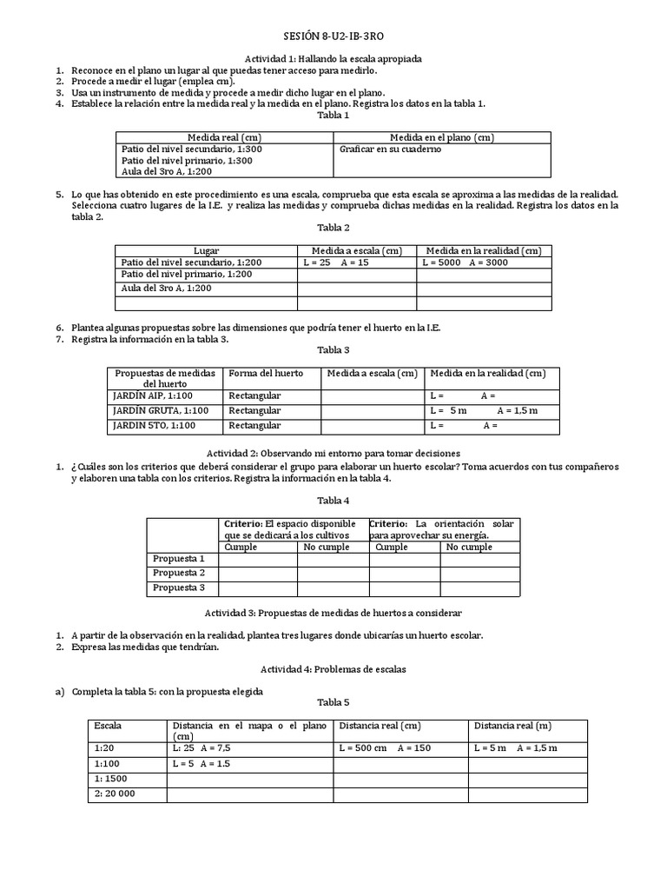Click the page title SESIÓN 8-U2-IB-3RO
(333, 38)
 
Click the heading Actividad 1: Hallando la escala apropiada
(333, 59)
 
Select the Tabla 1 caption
(333, 115)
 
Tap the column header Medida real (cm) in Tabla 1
(225, 137)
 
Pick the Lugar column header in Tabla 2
(207, 250)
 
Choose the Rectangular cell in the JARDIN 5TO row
(254, 425)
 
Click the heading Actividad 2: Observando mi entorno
(333, 454)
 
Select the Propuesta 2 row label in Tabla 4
(179, 573)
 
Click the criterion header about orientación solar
(442, 529)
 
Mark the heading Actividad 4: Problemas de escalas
(333, 670)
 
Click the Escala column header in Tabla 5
(108, 725)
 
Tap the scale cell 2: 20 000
(116, 794)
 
